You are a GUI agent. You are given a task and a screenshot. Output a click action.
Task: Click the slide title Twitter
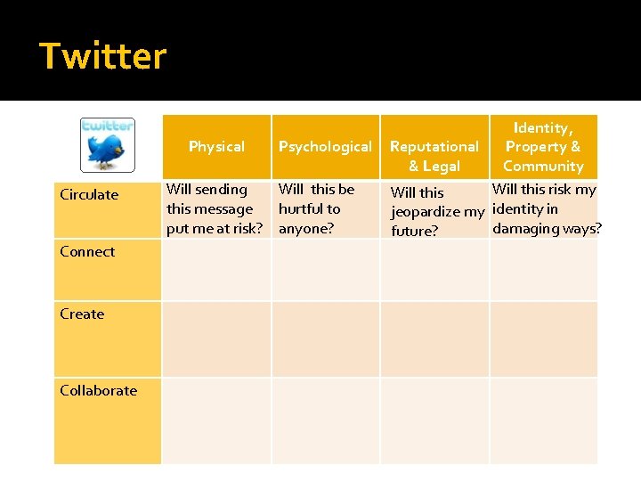pos(103,56)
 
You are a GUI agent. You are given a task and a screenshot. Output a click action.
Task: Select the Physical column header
pos(216,146)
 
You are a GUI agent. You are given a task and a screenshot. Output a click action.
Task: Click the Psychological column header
pos(325,146)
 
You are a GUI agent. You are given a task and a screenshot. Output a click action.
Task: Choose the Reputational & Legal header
pos(434,156)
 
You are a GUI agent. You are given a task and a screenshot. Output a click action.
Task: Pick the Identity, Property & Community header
pos(543,147)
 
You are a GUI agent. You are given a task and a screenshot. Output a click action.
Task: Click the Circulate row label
pos(89,194)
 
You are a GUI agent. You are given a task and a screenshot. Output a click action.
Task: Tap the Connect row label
pos(87,251)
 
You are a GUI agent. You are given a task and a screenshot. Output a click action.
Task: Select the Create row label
pos(82,314)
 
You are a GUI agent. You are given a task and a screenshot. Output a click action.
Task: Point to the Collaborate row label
pos(98,390)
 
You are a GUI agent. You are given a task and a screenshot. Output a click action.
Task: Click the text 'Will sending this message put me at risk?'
pos(215,208)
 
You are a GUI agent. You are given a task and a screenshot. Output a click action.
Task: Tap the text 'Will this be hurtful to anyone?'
pos(316,208)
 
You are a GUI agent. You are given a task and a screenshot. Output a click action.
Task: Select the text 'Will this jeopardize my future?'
pos(436,212)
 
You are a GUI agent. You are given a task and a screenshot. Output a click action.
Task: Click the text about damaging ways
pos(545,208)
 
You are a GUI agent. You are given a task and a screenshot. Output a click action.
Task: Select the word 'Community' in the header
pos(543,166)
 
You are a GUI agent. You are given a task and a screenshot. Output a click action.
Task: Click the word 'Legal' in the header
pos(442,166)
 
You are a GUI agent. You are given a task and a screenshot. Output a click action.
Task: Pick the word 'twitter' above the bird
pos(107,126)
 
